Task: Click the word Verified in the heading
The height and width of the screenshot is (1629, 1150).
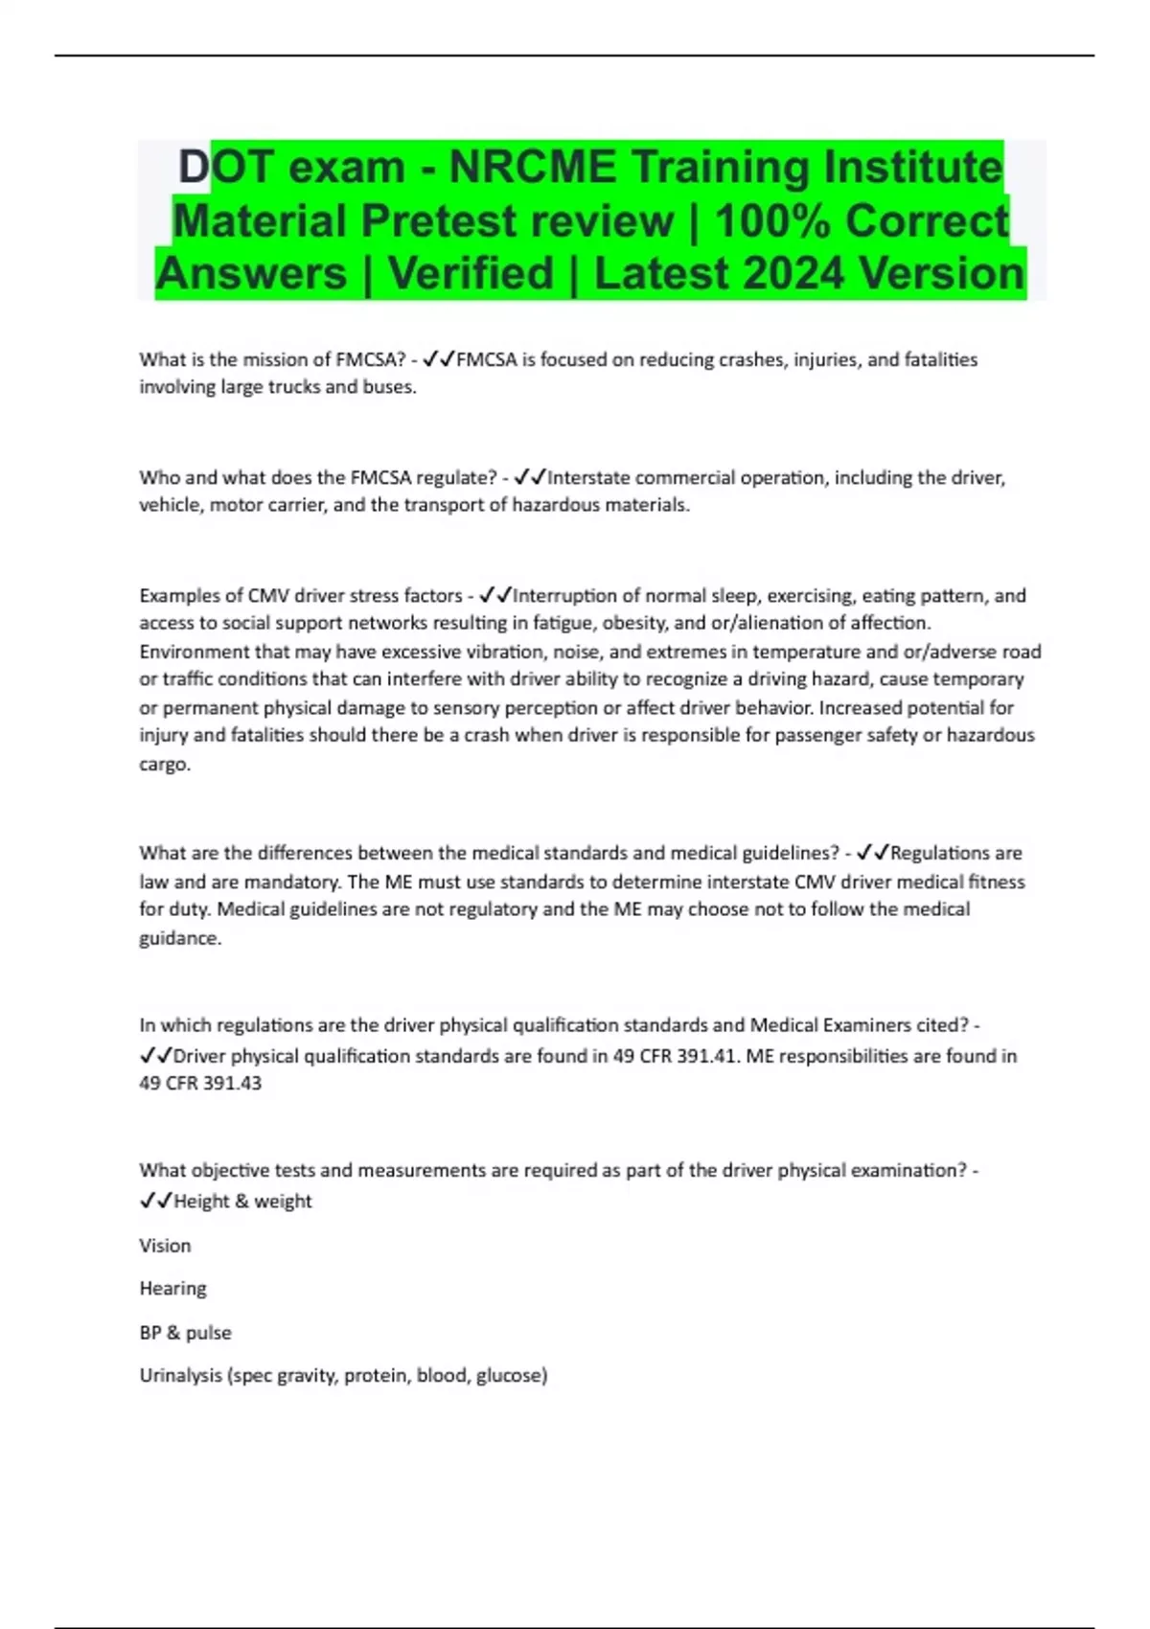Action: [x=471, y=273]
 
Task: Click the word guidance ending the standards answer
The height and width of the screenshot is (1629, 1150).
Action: [x=178, y=938]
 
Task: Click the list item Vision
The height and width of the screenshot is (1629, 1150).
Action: [x=165, y=1245]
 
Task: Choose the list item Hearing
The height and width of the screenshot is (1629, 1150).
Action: [x=172, y=1288]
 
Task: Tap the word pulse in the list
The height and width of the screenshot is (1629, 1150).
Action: [x=208, y=1332]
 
